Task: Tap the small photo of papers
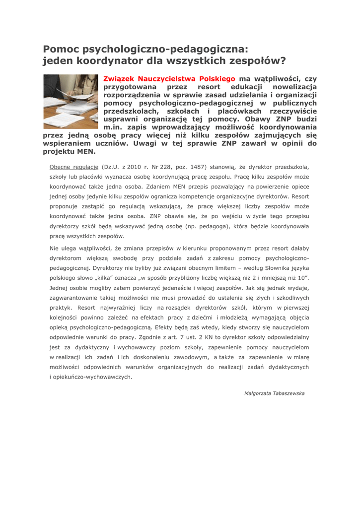[71, 101]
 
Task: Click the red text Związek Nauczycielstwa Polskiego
[169, 79]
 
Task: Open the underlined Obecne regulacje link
[74, 167]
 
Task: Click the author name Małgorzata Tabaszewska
[275, 393]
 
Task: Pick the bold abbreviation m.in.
[113, 127]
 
